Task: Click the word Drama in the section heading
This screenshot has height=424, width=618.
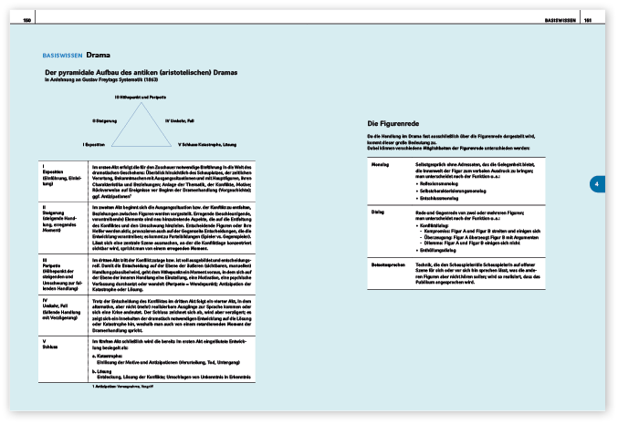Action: tap(99, 54)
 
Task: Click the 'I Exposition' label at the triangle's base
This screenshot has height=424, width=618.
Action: tap(95, 144)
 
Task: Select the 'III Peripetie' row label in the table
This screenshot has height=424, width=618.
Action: tap(52, 261)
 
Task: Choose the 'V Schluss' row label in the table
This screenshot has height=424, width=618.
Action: tap(52, 343)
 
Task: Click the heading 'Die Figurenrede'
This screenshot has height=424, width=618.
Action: tap(393, 123)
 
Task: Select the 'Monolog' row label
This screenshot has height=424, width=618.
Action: tap(381, 165)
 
